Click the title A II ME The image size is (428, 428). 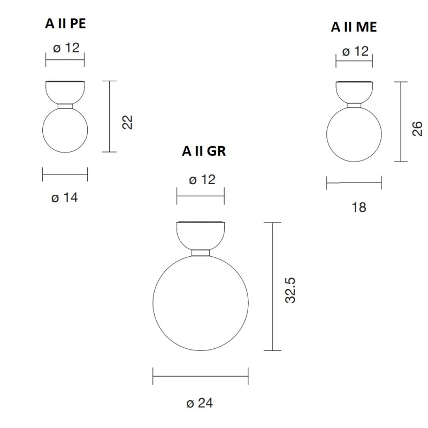click(354, 27)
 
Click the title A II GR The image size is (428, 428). click(204, 151)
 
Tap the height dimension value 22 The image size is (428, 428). click(127, 122)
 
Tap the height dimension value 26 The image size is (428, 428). click(417, 128)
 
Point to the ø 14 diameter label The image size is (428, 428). click(65, 197)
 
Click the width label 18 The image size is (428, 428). click(360, 207)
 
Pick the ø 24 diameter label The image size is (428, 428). click(200, 403)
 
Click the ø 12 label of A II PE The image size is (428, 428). click(66, 48)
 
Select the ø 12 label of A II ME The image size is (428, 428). click(355, 51)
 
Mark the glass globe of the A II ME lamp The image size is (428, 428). click(354, 134)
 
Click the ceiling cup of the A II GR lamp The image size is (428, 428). click(201, 234)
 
